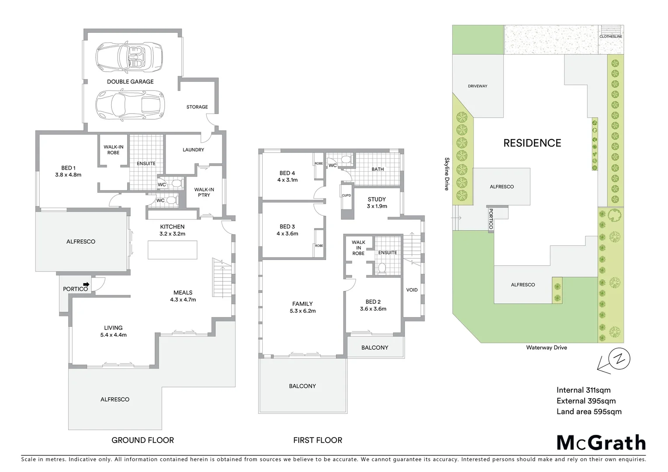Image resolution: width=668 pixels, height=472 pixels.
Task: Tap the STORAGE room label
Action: (197, 107)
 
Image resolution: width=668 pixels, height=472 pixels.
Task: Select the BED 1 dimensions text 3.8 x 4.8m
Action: (68, 174)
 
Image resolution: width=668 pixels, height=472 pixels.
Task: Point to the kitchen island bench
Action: (172, 250)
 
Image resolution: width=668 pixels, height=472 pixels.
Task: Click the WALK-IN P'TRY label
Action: (204, 192)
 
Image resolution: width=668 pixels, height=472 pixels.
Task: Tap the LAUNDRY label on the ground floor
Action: (193, 149)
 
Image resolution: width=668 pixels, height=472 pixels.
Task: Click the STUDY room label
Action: (377, 199)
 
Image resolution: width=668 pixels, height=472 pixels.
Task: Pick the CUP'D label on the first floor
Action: (346, 195)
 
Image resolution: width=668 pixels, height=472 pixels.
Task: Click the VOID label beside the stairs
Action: (412, 290)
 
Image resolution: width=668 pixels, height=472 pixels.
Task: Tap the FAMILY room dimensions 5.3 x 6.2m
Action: (302, 311)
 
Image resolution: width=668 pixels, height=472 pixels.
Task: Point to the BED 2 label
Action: (373, 302)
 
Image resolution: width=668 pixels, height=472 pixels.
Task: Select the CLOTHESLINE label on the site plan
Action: (610, 37)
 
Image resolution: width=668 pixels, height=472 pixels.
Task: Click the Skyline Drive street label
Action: (446, 174)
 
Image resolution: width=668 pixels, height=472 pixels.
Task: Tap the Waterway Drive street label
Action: (546, 347)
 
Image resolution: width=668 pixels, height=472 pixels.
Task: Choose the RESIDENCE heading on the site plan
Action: (532, 143)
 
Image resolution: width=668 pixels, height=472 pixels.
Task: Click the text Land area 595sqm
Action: (588, 411)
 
